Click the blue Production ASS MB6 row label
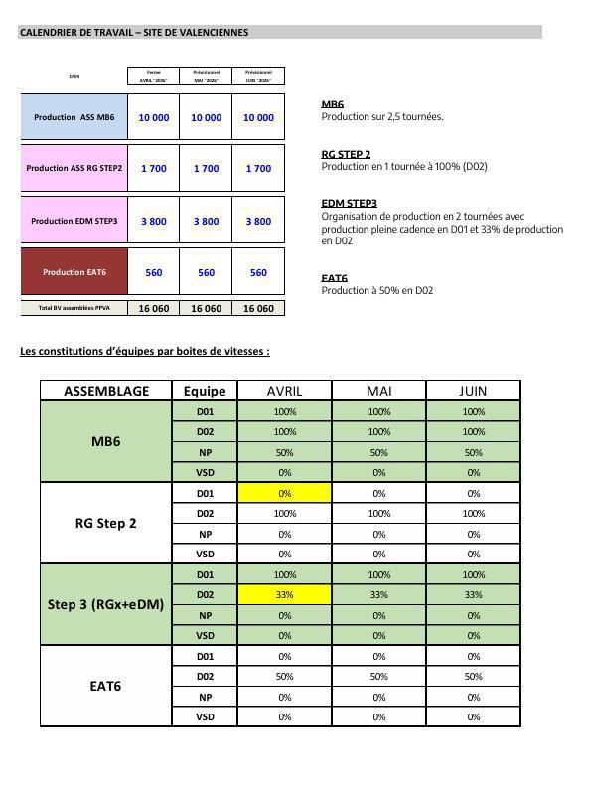(74, 117)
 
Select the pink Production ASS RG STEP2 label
(74, 169)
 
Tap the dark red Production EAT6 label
(74, 272)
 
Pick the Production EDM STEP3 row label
(74, 221)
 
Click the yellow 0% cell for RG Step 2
(284, 493)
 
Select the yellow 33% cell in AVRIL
(284, 594)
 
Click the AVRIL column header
(284, 391)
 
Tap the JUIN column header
(473, 391)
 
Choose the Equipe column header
(205, 391)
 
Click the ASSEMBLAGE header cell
(106, 391)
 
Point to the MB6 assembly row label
(106, 441)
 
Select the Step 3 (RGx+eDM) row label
(106, 604)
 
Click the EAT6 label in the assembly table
(106, 686)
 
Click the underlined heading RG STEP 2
(346, 155)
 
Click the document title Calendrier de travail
(134, 33)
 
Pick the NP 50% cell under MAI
(378, 452)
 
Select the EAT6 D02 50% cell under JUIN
(473, 676)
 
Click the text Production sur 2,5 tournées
(382, 116)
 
